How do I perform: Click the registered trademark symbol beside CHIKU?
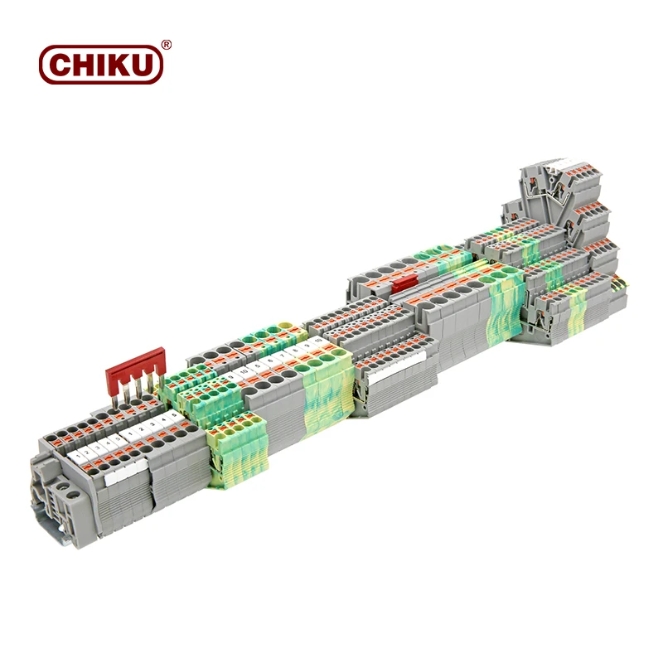pyautogui.click(x=166, y=46)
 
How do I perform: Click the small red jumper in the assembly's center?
pyautogui.click(x=405, y=284)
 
